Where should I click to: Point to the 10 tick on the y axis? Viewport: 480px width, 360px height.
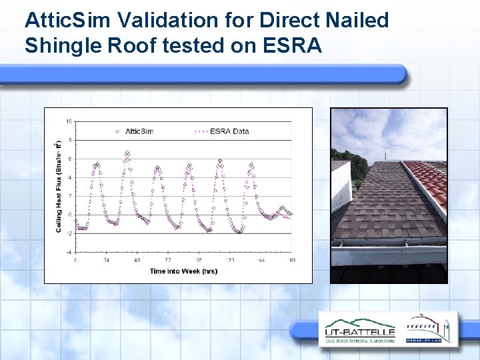[69, 121]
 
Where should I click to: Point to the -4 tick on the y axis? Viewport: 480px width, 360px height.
[69, 252]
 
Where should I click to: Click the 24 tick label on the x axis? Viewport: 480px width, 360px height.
[105, 259]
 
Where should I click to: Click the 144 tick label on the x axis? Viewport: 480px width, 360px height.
[261, 259]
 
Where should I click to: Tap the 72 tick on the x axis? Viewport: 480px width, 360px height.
[167, 259]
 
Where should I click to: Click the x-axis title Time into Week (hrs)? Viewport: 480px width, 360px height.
[183, 271]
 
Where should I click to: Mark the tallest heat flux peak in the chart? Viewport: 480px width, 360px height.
[127, 154]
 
